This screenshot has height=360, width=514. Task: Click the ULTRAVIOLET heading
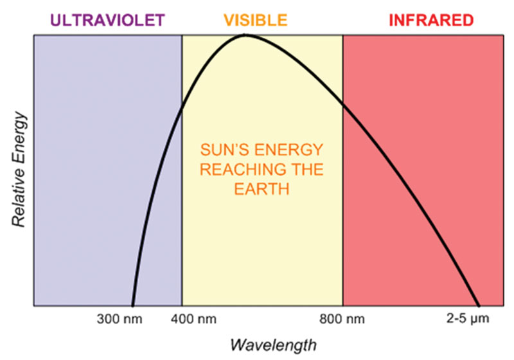[x=107, y=21]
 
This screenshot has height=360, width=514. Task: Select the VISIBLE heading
[x=256, y=21]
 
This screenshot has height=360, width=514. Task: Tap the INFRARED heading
[x=431, y=21]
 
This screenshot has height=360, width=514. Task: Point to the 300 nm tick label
[x=120, y=319]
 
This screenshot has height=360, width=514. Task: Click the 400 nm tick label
[x=193, y=319]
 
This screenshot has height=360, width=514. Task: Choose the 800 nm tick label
[x=342, y=319]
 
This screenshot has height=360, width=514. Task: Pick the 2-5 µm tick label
[x=468, y=318]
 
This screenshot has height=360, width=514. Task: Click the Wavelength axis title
[x=274, y=345]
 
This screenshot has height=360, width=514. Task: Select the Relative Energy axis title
[x=19, y=170]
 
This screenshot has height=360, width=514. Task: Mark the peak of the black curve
[x=245, y=35]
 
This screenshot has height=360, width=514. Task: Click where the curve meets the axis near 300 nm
[x=132, y=305]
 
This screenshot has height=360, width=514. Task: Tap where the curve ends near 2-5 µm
[x=479, y=305]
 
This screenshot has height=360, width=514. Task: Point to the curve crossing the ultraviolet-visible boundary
[x=182, y=108]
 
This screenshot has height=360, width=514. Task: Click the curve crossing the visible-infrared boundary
[x=343, y=104]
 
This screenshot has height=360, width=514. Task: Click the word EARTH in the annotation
[x=261, y=189]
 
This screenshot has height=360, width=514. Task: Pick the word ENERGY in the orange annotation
[x=288, y=150]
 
